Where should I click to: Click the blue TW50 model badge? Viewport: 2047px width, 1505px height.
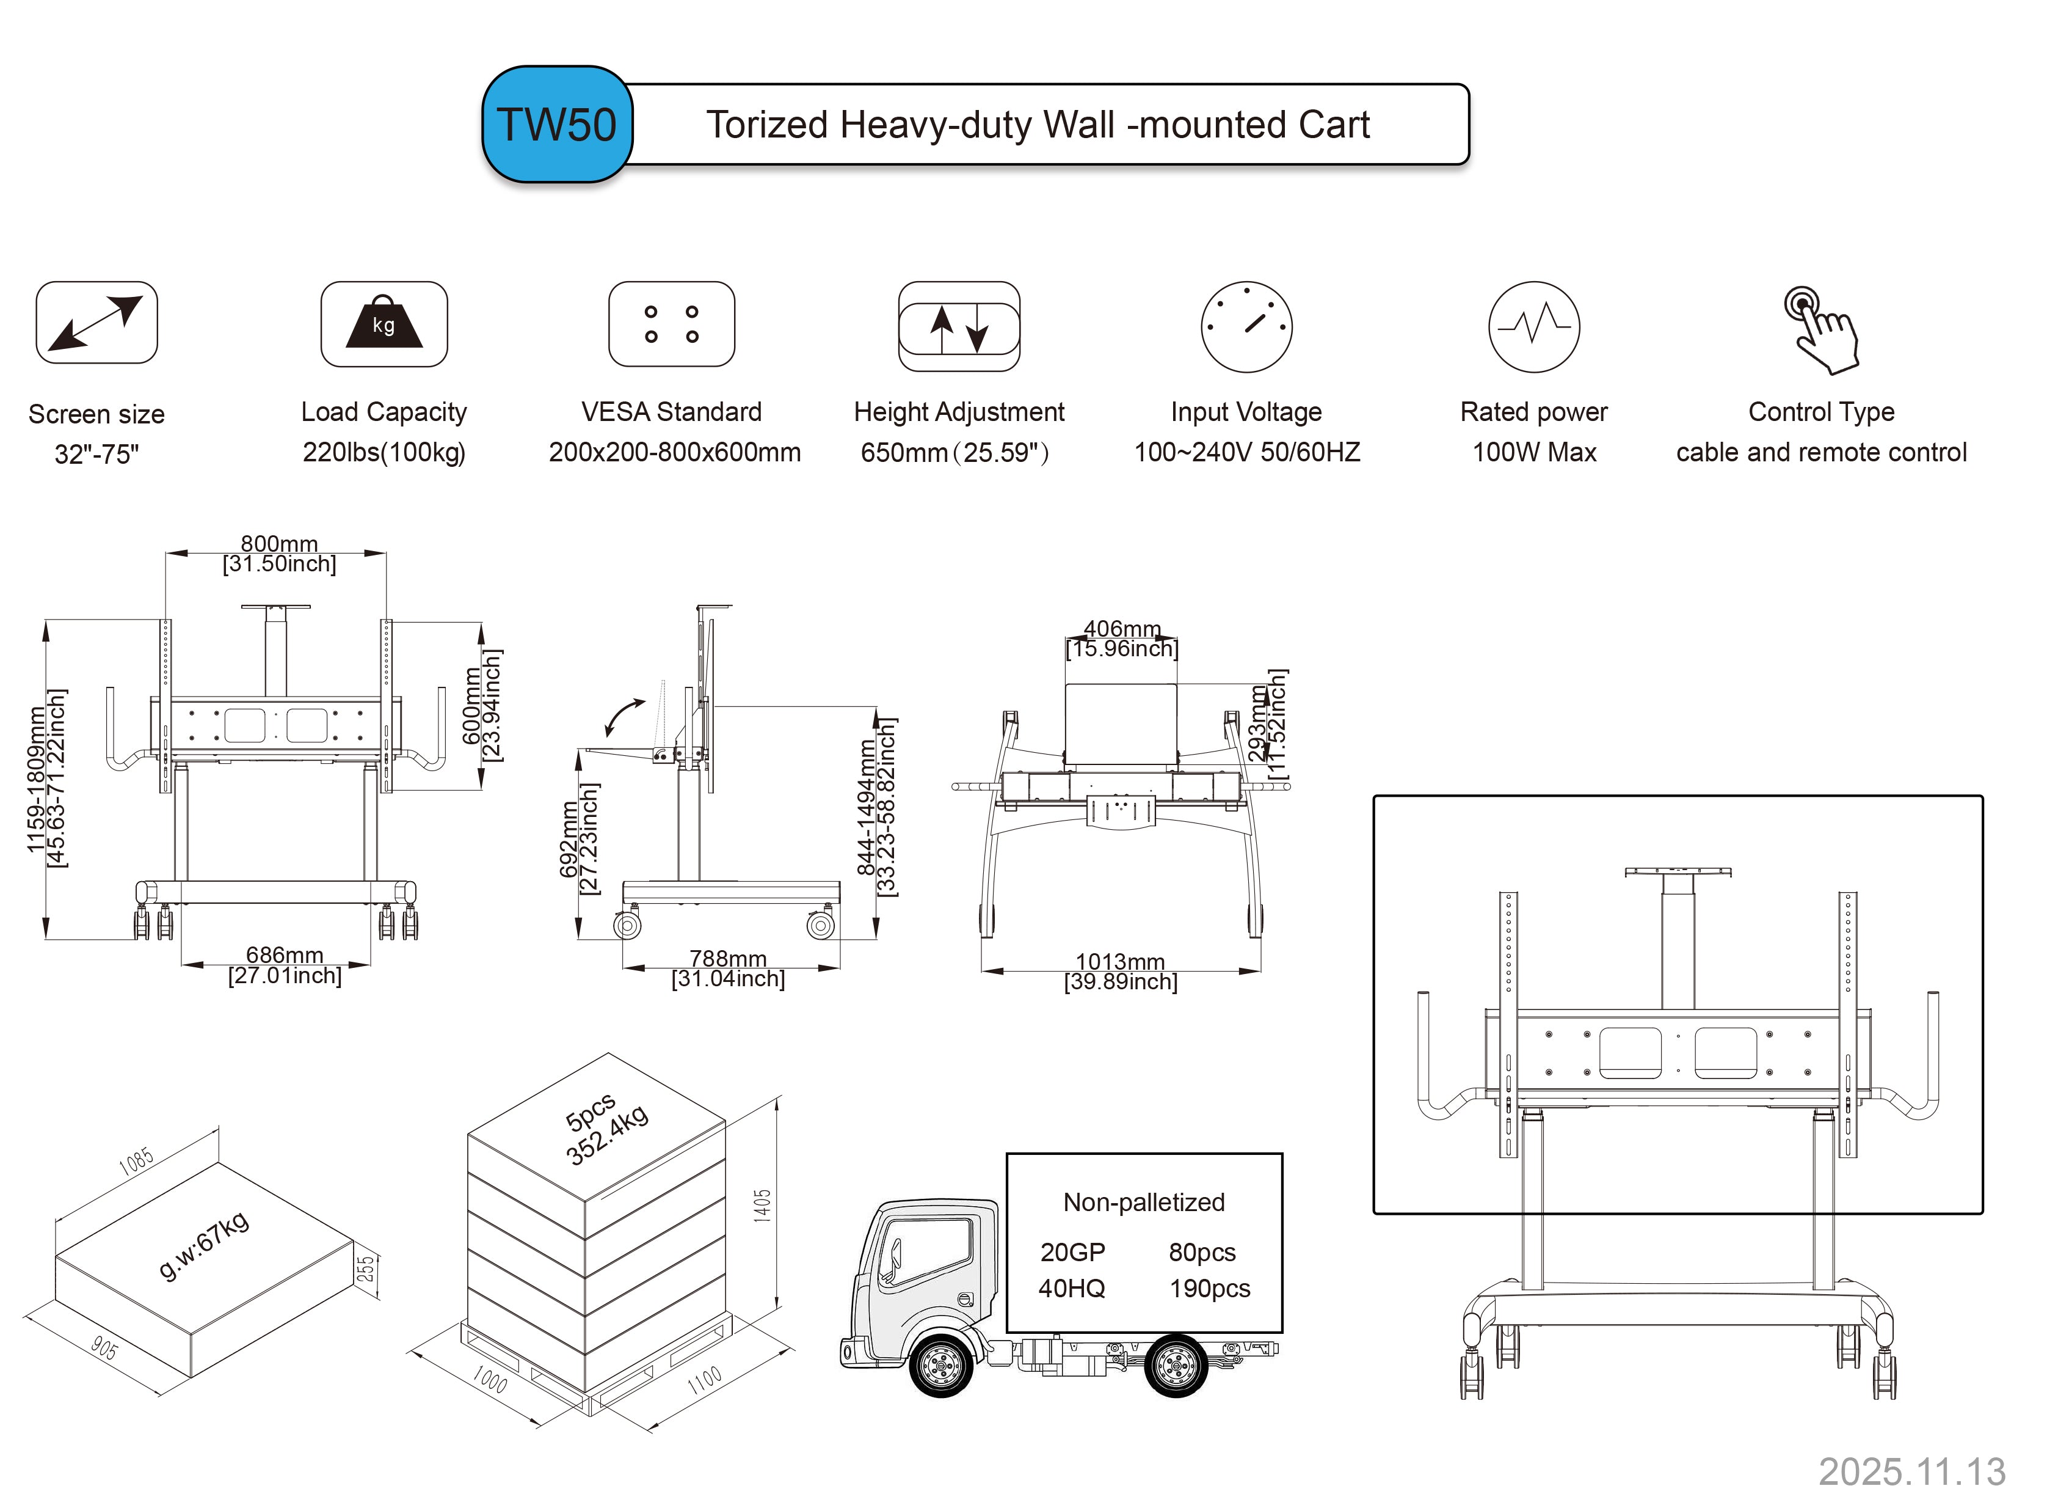556,125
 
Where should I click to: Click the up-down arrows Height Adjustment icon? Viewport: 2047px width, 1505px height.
959,327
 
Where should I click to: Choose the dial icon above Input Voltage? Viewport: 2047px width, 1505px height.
1246,326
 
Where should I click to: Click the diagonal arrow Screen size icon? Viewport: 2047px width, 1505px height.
96,323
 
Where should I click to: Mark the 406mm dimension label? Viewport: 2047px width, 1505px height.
1122,629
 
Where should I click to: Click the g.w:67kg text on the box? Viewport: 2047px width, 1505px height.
204,1245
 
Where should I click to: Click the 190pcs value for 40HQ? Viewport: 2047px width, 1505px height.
1209,1288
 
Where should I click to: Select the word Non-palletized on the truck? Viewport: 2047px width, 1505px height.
1144,1203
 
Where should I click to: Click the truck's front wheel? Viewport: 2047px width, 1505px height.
940,1364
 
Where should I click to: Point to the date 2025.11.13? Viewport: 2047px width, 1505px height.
1911,1471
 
